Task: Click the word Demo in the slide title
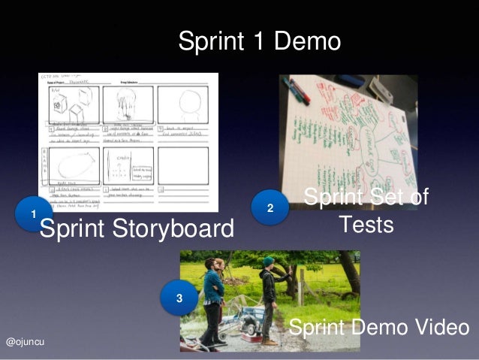309,41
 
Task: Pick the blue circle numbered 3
179,299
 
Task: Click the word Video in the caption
441,328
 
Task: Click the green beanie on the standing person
269,261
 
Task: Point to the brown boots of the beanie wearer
269,340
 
